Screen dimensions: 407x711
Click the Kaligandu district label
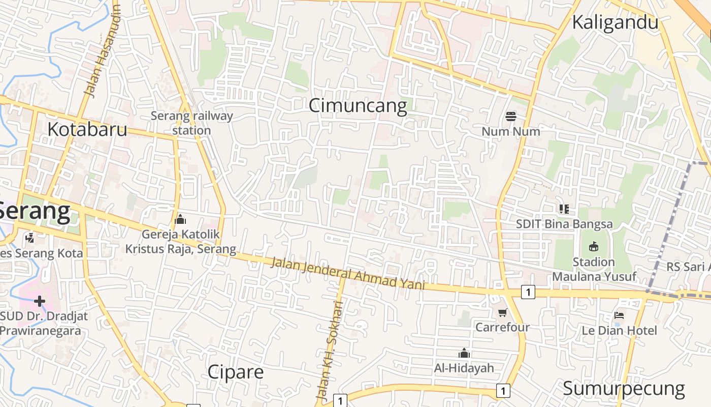[x=615, y=22]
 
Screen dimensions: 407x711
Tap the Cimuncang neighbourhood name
[x=358, y=106]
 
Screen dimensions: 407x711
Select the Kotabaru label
[x=87, y=129]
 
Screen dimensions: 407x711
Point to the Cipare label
[x=235, y=372]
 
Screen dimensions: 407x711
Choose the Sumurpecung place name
[x=624, y=388]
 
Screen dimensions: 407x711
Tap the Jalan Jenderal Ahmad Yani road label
[x=347, y=273]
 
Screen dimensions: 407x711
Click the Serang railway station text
[x=191, y=123]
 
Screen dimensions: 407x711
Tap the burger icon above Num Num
[x=511, y=117]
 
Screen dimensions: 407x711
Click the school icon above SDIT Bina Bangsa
[x=564, y=209]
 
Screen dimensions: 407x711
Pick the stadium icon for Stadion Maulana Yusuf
[x=593, y=247]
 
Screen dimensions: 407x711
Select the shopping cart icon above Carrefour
[x=502, y=312]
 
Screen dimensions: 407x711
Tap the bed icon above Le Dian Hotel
[x=619, y=315]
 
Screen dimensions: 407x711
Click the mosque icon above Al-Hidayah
[x=464, y=353]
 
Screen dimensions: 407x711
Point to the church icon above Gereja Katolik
[x=180, y=219]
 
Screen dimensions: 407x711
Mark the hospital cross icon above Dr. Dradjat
[x=40, y=301]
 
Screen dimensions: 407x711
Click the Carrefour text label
[x=502, y=327]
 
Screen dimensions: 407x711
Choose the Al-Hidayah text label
[x=464, y=368]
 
